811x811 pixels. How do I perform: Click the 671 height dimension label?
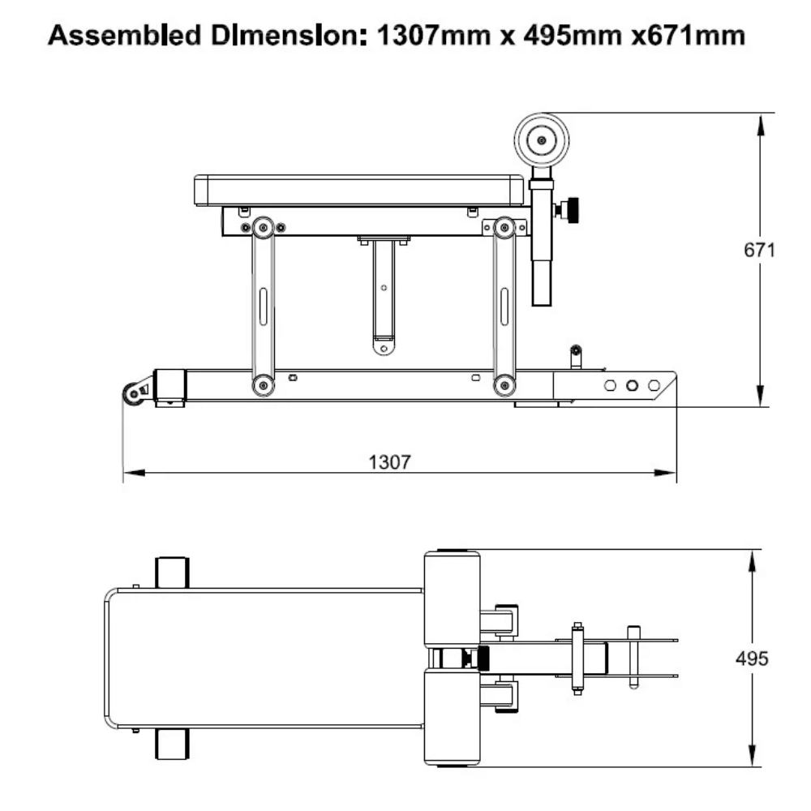[x=759, y=251]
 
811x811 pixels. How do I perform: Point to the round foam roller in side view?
[x=541, y=140]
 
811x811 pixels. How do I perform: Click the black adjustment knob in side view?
[x=573, y=209]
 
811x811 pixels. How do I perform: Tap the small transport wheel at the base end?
[x=132, y=393]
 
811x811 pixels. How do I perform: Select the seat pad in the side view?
[x=358, y=190]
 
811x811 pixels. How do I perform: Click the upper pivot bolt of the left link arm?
[x=261, y=228]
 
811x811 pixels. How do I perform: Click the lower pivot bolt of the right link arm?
[x=504, y=384]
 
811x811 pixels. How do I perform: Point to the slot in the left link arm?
[x=262, y=305]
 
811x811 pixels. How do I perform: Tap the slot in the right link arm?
[x=504, y=305]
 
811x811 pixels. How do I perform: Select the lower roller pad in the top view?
[x=452, y=718]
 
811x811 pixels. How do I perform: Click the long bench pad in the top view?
[x=264, y=658]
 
